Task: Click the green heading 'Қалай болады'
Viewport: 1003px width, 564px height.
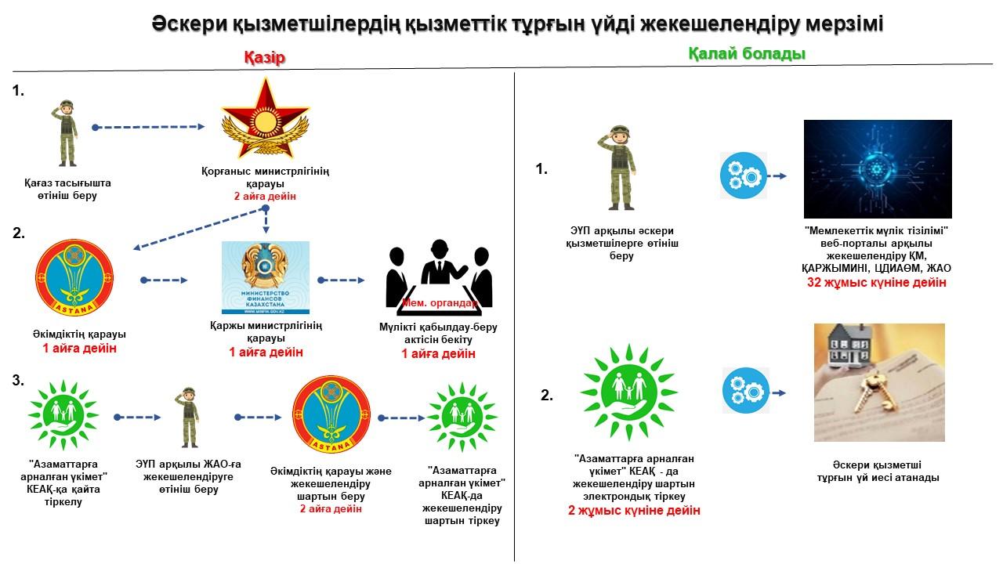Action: pyautogui.click(x=746, y=54)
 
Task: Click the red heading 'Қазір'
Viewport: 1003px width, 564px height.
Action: pyautogui.click(x=263, y=58)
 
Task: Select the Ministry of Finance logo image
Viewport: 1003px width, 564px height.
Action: pyautogui.click(x=266, y=277)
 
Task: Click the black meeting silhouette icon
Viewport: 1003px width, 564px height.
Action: pyautogui.click(x=440, y=277)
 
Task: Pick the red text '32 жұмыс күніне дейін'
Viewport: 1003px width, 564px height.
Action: pyautogui.click(x=877, y=282)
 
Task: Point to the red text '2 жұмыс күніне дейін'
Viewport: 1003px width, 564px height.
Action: pyautogui.click(x=634, y=511)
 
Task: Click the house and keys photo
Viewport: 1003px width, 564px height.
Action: pyautogui.click(x=879, y=382)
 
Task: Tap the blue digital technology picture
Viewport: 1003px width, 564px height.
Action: pyautogui.click(x=878, y=168)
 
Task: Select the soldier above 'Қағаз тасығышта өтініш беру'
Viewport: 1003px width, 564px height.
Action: pyautogui.click(x=62, y=132)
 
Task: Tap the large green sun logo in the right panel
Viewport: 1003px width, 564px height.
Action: pyautogui.click(x=629, y=391)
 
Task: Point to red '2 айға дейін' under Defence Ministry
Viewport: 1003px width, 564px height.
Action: pyautogui.click(x=266, y=196)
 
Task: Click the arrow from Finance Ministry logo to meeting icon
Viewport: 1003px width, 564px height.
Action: pyautogui.click(x=341, y=279)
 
